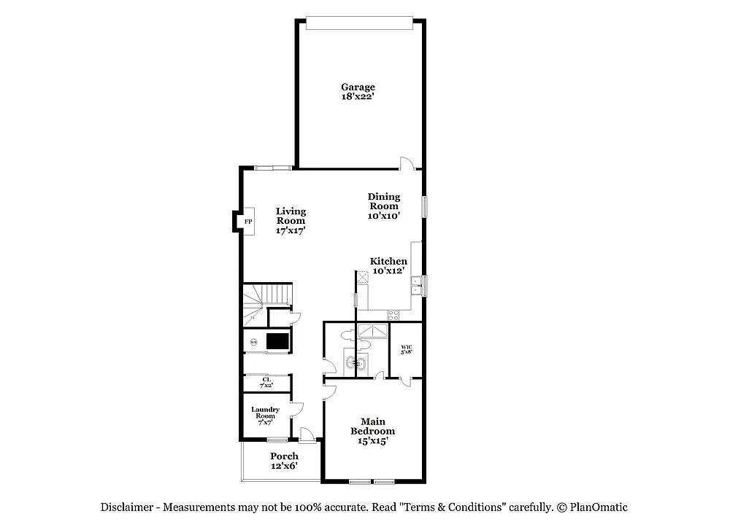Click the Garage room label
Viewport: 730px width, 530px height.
pyautogui.click(x=358, y=92)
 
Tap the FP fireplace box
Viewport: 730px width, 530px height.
pyautogui.click(x=247, y=222)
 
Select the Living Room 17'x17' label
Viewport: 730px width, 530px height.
pyautogui.click(x=291, y=221)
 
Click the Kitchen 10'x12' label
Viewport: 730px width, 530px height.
pyautogui.click(x=388, y=266)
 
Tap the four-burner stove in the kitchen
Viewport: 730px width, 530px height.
pyautogui.click(x=393, y=316)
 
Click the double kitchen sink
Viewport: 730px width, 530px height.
pyautogui.click(x=416, y=285)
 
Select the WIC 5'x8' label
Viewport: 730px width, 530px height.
pyautogui.click(x=407, y=348)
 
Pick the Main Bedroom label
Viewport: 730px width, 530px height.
pyautogui.click(x=377, y=431)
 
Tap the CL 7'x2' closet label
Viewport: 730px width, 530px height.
pyautogui.click(x=266, y=382)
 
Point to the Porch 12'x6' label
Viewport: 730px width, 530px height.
pyautogui.click(x=284, y=461)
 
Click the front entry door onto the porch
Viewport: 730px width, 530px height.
pyautogui.click(x=307, y=434)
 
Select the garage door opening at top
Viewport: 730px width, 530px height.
pyautogui.click(x=361, y=25)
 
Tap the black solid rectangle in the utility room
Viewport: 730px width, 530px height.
pyautogui.click(x=277, y=340)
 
